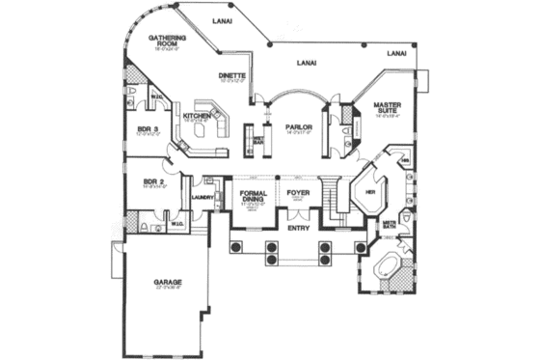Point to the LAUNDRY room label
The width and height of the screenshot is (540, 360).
[x=202, y=197]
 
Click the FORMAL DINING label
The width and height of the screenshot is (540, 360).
[x=254, y=199]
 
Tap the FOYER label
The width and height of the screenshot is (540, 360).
[x=297, y=194]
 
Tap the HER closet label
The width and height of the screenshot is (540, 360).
[x=368, y=191]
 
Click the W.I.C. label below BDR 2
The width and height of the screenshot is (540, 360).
[x=177, y=225]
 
